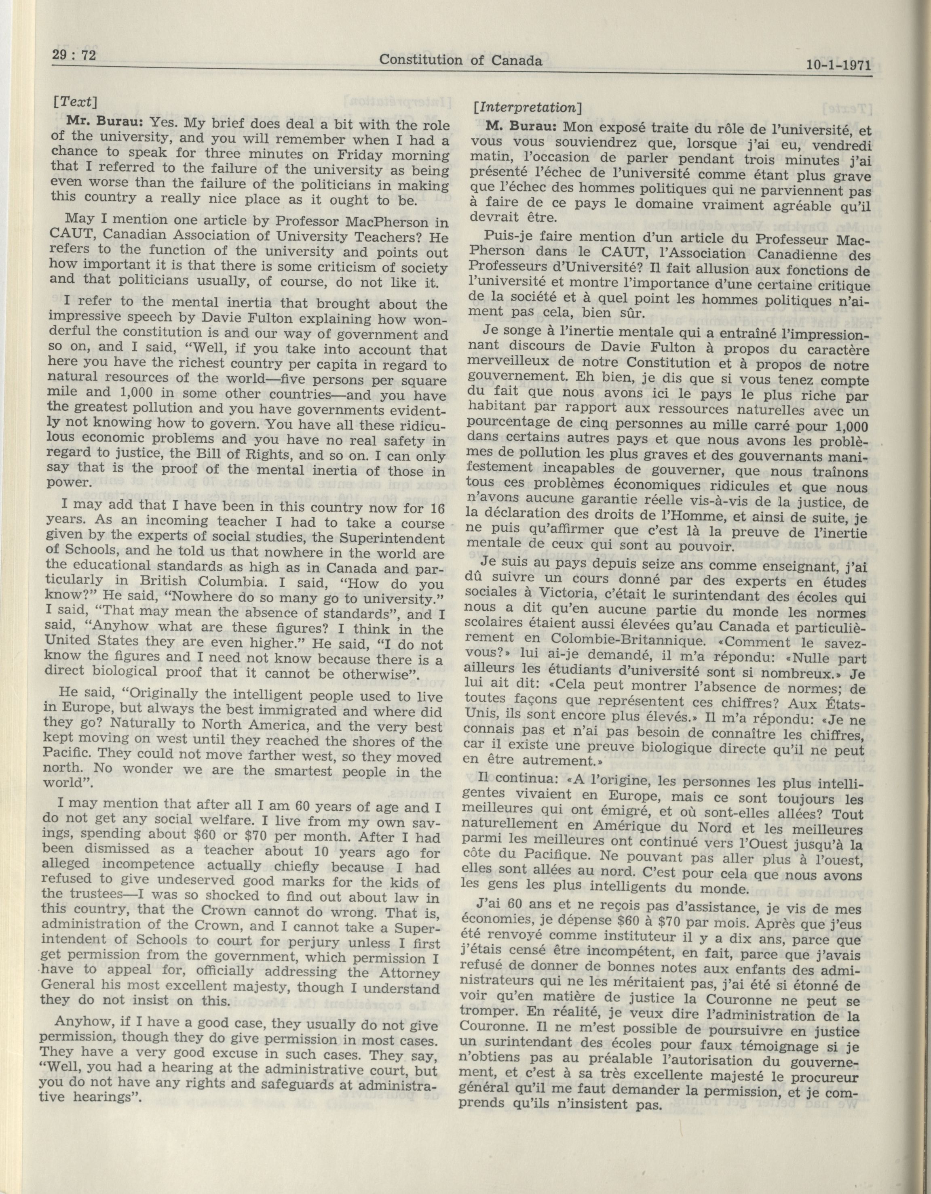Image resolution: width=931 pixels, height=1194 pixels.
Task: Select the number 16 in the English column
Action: click(x=436, y=509)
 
